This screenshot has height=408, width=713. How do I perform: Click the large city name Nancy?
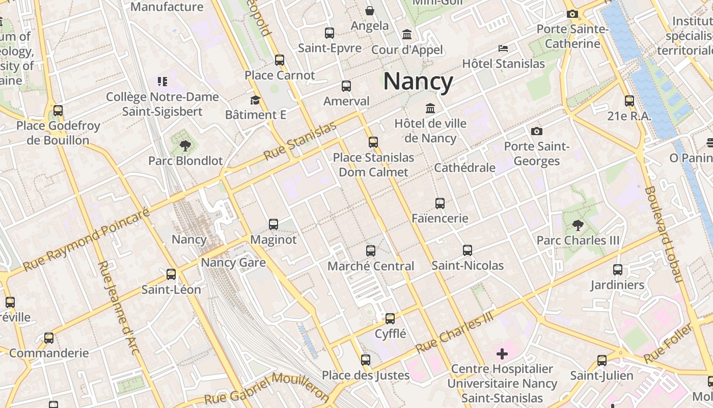418,82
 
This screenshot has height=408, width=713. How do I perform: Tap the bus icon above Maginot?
273,224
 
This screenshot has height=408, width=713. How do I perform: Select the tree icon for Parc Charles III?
578,225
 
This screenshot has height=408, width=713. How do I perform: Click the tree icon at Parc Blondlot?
185,146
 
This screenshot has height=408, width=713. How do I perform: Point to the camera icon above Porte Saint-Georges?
536,131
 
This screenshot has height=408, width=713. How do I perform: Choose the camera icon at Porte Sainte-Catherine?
572,14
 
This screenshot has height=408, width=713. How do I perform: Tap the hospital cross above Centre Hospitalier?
502,353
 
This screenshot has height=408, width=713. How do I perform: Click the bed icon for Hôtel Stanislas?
503,48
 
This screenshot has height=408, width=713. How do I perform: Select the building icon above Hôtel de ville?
430,108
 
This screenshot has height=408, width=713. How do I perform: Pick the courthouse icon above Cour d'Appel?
407,34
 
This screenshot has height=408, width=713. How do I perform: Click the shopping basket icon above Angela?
370,10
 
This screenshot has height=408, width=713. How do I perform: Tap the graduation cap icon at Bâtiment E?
255,100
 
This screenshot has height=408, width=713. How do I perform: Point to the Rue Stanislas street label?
300,141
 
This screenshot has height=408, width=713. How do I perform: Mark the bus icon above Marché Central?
371,250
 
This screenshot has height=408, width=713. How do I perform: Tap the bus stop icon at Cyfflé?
390,319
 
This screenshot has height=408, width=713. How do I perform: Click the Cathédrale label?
464,168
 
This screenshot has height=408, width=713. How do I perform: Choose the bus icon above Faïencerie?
440,203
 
